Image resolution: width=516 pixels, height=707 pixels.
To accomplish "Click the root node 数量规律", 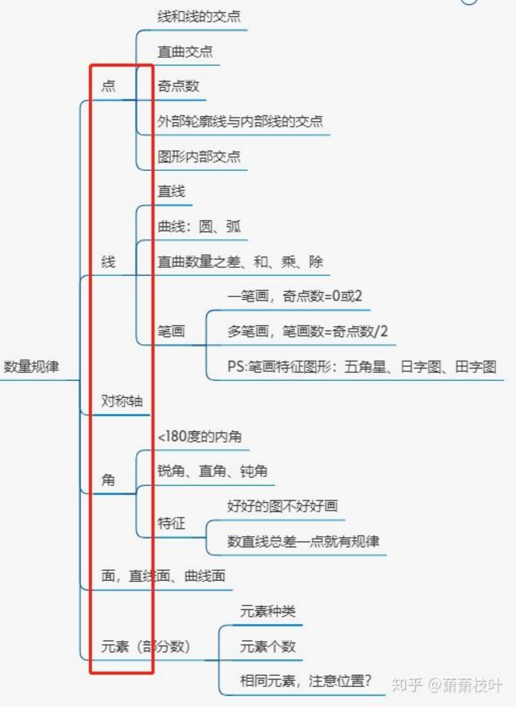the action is (x=31, y=367).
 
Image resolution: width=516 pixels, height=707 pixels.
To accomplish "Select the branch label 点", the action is (x=108, y=86).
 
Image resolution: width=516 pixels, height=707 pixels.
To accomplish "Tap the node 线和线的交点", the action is (x=199, y=16).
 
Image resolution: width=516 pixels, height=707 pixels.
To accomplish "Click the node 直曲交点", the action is (x=185, y=52).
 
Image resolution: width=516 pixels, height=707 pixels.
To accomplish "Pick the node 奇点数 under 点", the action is (x=178, y=86).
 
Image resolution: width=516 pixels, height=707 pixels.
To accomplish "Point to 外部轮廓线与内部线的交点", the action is (x=240, y=122).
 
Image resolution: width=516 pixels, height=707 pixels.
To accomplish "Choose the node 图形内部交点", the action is (x=199, y=157).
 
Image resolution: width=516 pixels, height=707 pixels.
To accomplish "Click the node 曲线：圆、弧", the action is (x=199, y=227).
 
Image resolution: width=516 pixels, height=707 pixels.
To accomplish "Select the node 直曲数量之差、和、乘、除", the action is (x=240, y=262).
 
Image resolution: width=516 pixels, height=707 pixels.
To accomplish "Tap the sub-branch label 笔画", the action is (x=171, y=331).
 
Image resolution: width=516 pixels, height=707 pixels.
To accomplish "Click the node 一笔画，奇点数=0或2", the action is (x=295, y=296).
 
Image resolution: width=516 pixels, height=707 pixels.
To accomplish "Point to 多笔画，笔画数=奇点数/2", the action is (x=307, y=331).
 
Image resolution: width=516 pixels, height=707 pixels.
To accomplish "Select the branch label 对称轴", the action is (x=122, y=401).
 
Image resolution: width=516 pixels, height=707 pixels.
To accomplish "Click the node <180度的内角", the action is (x=200, y=437).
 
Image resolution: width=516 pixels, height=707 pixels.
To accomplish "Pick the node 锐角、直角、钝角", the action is (x=212, y=471).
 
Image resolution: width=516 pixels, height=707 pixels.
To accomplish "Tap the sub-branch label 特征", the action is (x=171, y=523).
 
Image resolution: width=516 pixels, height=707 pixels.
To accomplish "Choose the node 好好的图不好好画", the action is (x=282, y=506).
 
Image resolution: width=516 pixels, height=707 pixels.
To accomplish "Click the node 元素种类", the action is (x=268, y=611).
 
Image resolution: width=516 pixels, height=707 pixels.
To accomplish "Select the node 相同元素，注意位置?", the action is (x=306, y=681).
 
